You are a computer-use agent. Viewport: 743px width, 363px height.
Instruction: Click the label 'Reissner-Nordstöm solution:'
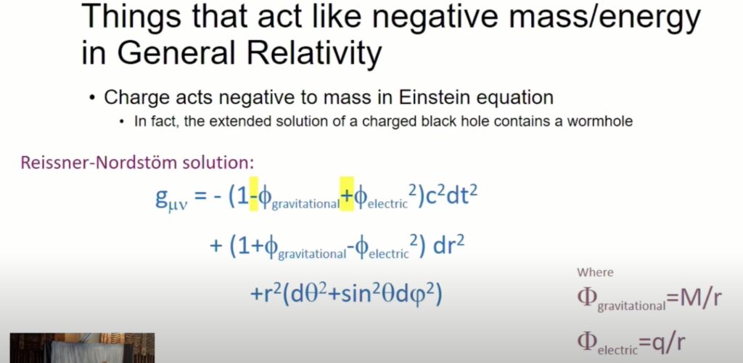136,163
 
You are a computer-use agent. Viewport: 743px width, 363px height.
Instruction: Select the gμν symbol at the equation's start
171,199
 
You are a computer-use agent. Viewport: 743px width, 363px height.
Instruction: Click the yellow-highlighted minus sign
254,197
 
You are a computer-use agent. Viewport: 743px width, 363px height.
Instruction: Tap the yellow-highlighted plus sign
347,197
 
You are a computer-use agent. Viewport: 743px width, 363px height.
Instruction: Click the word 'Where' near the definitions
595,272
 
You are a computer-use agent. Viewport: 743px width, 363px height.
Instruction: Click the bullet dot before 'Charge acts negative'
92,98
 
